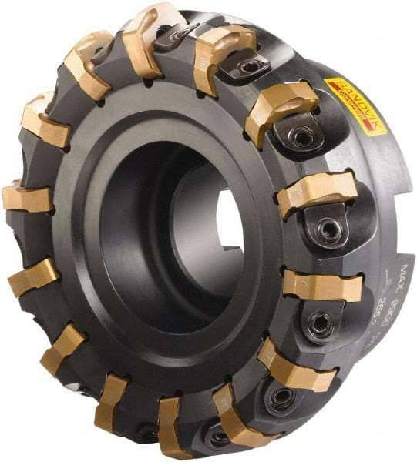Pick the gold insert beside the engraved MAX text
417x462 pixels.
(x=322, y=284)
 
